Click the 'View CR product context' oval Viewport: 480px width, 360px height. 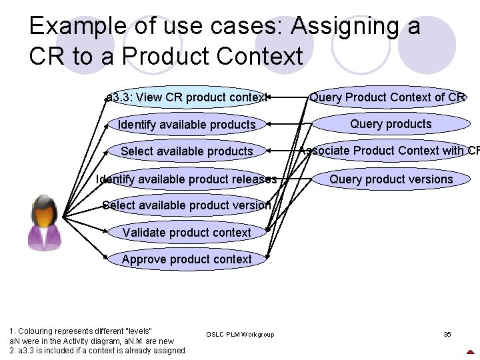(187, 97)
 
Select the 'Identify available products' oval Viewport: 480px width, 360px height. (187, 125)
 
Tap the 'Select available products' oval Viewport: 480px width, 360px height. (187, 151)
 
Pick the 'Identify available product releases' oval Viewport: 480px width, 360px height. (187, 179)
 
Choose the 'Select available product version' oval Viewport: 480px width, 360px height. (187, 205)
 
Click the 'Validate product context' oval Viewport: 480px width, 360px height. (187, 233)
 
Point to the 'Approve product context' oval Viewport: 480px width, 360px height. (187, 259)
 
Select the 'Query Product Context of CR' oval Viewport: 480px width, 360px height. (387, 97)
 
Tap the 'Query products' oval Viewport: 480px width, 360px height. (391, 124)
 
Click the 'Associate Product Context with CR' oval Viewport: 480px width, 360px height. (391, 151)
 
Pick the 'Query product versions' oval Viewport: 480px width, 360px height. (391, 179)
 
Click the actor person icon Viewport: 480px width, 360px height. (45, 223)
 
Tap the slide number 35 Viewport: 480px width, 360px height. (447, 334)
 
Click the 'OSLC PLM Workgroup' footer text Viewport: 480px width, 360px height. (240, 334)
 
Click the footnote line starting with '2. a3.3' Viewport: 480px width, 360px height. (97, 351)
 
